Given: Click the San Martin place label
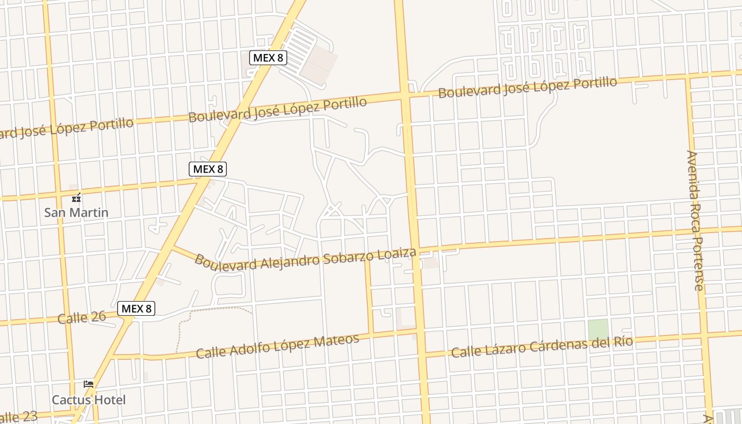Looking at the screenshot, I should (76, 213).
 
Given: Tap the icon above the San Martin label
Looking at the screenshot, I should (77, 198).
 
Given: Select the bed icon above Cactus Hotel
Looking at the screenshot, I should (89, 384).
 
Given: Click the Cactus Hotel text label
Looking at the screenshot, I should (89, 400).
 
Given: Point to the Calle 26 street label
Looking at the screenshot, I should (82, 317).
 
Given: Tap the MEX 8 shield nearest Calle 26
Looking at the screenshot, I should (136, 308).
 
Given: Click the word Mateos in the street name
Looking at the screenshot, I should (337, 341).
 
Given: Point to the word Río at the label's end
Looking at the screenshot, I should (622, 341).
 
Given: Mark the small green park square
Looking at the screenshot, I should (598, 330).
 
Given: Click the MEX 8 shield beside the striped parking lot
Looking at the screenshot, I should (268, 58).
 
